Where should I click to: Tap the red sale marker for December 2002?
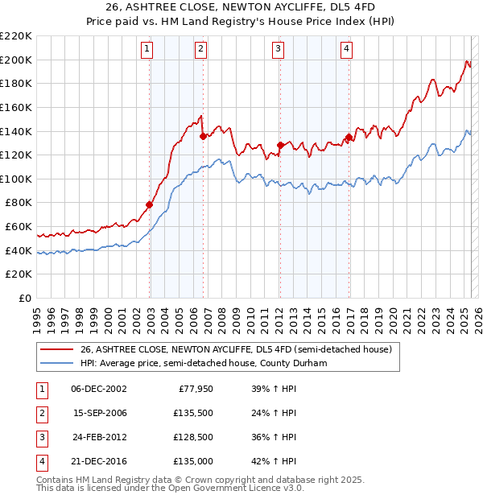click(x=150, y=204)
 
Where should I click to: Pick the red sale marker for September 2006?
click(x=203, y=136)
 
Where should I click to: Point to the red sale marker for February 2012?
click(x=280, y=145)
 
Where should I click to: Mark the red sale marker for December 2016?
click(x=349, y=137)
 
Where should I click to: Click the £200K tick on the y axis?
click(x=16, y=60)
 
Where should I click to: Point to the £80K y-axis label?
click(x=19, y=203)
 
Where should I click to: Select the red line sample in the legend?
click(x=56, y=349)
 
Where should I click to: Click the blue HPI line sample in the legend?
click(x=56, y=363)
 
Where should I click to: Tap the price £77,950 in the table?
click(x=190, y=388)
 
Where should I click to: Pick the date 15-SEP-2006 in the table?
click(x=100, y=412)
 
